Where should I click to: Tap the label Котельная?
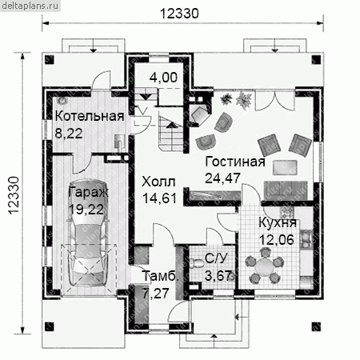(x=90, y=117)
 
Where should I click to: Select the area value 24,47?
(x=222, y=178)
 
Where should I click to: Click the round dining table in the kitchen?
(x=264, y=266)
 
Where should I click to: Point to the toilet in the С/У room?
(x=197, y=262)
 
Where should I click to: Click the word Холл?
(x=158, y=182)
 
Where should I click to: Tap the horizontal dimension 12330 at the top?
(x=179, y=14)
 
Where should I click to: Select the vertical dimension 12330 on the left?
(x=14, y=195)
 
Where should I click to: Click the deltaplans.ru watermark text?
(x=30, y=6)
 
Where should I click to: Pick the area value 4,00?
(x=163, y=78)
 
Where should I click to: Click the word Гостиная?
(x=235, y=162)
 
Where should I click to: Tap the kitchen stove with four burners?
(x=286, y=212)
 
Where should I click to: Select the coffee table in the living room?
(x=285, y=167)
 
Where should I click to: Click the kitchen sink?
(x=306, y=239)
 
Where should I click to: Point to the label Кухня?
(x=278, y=223)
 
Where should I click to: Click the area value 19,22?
(x=86, y=210)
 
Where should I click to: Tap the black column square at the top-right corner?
(x=316, y=59)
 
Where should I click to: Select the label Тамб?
(x=160, y=276)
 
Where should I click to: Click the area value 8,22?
(x=69, y=134)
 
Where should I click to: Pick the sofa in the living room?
(x=286, y=190)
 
